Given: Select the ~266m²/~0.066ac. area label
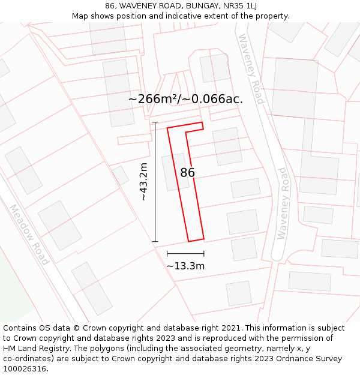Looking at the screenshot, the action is (x=185, y=100).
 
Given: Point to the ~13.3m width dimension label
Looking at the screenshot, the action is (x=185, y=266).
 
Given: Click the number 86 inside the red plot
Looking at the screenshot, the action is (x=187, y=173).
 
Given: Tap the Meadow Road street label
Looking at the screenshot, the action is (x=29, y=235).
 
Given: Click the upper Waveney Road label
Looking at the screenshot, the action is (x=251, y=69).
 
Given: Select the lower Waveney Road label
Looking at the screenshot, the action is (x=282, y=204).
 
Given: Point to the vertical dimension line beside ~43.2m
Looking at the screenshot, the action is (x=155, y=182).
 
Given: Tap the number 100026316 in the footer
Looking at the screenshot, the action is (x=25, y=369).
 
